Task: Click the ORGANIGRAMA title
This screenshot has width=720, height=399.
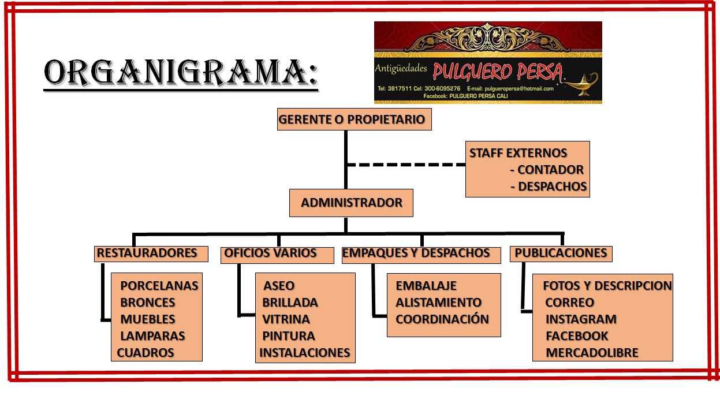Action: (181, 73)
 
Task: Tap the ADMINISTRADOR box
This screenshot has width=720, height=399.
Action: (351, 203)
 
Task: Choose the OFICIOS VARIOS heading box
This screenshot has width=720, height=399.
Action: (277, 253)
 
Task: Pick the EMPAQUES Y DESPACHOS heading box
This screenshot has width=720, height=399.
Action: (421, 253)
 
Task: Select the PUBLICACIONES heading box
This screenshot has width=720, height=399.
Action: (561, 253)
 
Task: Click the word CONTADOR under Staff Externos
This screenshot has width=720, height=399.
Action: (550, 170)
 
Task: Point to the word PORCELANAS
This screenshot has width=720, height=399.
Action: (159, 285)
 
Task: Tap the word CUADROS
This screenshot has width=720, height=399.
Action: (146, 353)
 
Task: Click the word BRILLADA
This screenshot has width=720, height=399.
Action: (290, 303)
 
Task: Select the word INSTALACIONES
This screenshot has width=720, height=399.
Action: (305, 353)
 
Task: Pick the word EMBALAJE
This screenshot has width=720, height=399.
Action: (426, 286)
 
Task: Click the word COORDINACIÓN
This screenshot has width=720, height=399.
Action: (442, 319)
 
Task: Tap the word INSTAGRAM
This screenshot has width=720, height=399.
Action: (581, 319)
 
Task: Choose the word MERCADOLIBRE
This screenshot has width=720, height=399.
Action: (592, 353)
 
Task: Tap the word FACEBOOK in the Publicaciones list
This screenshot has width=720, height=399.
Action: (577, 336)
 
